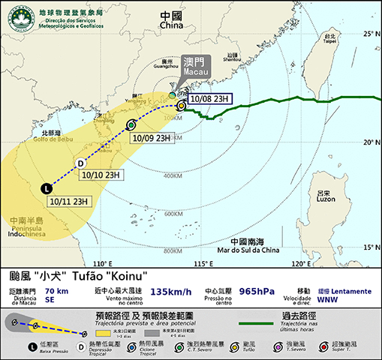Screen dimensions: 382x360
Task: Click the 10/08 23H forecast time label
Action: point(211,98)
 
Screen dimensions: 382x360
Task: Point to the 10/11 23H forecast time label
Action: point(70,201)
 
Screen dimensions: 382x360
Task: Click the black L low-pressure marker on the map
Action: point(47,189)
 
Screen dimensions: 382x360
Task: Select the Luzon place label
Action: point(325,196)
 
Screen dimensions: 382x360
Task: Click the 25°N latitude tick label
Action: point(368,34)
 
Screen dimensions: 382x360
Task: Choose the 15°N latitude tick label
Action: point(368,247)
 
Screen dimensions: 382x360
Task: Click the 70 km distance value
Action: point(56,289)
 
